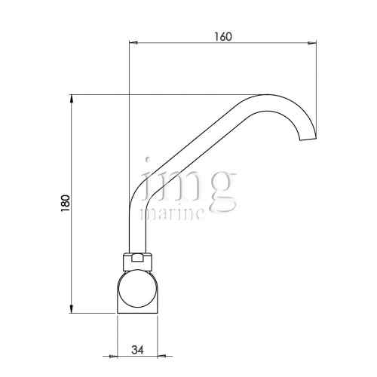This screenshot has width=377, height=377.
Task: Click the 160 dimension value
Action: (x=222, y=37)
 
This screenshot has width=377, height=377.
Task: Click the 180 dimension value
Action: (x=66, y=203)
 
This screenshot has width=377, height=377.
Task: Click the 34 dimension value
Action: (x=138, y=350)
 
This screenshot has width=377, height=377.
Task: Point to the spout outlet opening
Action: (x=308, y=139)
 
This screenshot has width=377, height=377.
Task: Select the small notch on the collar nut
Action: (x=137, y=258)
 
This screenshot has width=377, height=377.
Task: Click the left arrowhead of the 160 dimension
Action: (x=133, y=43)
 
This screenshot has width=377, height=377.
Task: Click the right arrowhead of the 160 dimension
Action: (x=311, y=43)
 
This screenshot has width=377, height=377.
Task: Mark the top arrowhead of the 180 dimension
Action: (x=72, y=99)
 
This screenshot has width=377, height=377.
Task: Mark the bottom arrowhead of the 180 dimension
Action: (x=72, y=308)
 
